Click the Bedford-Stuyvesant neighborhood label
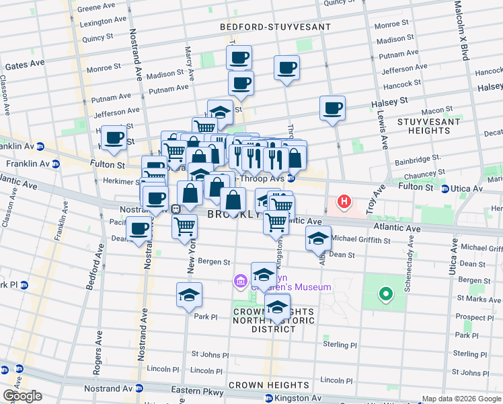coord(276,27)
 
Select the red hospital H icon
coord(345,201)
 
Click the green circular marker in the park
coord(385,294)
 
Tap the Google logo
coord(22,396)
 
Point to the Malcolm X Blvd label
coord(461,30)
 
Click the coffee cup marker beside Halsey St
coord(332,108)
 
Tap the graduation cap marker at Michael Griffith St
coord(318,238)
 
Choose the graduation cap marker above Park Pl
coord(190,295)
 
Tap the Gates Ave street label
coord(25,65)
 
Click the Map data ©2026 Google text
coord(461,399)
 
